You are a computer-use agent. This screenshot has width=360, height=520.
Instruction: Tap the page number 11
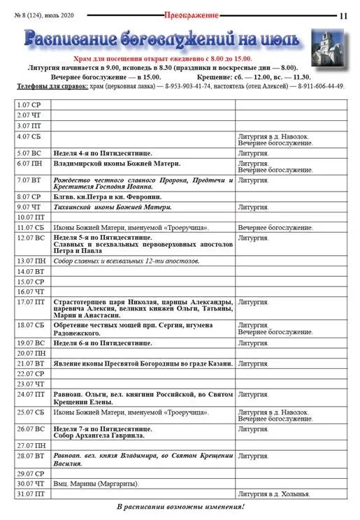[343, 15]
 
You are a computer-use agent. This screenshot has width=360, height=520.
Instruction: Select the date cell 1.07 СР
[30, 105]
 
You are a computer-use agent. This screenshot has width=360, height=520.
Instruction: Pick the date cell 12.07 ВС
[30, 238]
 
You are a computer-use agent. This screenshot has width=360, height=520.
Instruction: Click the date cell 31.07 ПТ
[31, 494]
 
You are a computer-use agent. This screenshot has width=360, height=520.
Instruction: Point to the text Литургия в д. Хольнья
[273, 494]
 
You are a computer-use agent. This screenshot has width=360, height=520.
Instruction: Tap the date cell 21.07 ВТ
[30, 364]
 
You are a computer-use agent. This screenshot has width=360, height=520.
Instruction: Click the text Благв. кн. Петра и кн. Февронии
[103, 196]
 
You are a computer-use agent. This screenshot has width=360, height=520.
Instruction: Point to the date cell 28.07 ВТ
[30, 456]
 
